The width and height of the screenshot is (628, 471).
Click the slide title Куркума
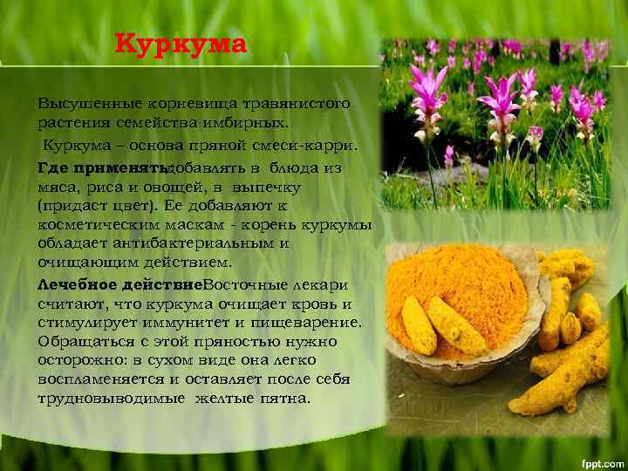coord(181,44)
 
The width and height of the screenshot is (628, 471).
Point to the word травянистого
coord(298,103)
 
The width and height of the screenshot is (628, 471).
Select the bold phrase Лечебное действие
coord(119,285)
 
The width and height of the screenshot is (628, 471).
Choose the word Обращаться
coord(88,341)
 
